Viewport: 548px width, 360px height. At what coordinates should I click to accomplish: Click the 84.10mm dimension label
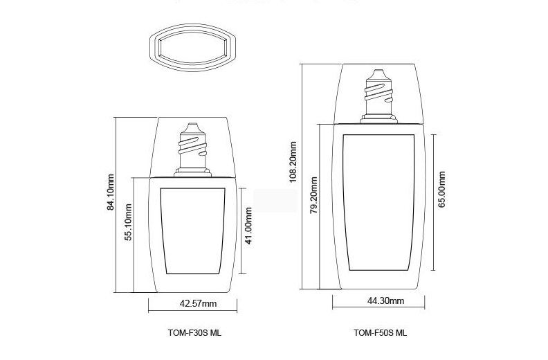tap(111, 192)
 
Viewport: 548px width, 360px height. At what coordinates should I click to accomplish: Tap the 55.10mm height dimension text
tap(128, 222)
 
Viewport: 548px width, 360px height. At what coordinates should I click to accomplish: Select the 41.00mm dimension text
tap(248, 226)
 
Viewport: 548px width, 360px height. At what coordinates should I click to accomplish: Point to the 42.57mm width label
tap(198, 303)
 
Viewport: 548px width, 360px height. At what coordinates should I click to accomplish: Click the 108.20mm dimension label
tap(293, 161)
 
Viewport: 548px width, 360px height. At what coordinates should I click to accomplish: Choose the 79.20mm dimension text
tap(314, 195)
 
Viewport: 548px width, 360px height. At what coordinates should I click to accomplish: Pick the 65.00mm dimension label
tap(441, 189)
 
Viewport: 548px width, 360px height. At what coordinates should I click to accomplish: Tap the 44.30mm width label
tap(385, 300)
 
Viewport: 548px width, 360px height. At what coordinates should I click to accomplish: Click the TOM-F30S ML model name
tap(194, 333)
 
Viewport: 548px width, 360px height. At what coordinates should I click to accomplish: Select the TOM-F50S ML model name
tap(381, 333)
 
